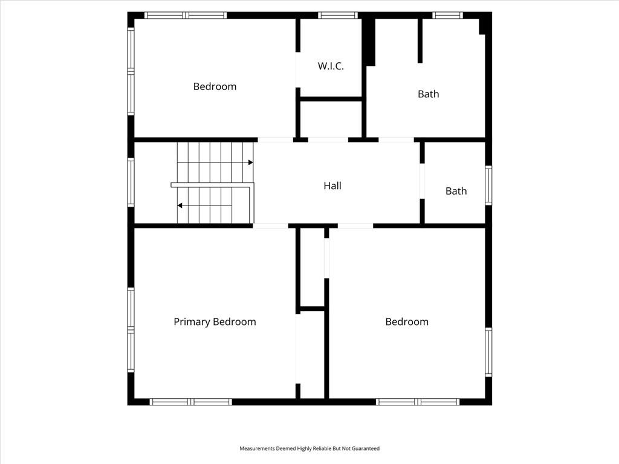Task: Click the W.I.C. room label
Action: pyautogui.click(x=331, y=66)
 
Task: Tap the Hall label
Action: pyautogui.click(x=332, y=186)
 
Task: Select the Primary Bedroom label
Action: pyautogui.click(x=215, y=322)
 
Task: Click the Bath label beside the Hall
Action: pyautogui.click(x=456, y=191)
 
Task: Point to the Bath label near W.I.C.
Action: pyautogui.click(x=429, y=94)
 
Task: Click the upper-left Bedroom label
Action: pyautogui.click(x=215, y=86)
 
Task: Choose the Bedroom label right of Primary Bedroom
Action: pyautogui.click(x=407, y=321)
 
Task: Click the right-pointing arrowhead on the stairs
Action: pyautogui.click(x=251, y=162)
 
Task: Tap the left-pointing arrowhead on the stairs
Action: pyautogui.click(x=180, y=205)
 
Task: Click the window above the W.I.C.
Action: pyautogui.click(x=338, y=15)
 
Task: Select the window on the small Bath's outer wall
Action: pyautogui.click(x=488, y=185)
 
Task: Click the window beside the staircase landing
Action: pyautogui.click(x=131, y=182)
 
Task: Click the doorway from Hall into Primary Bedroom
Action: pyautogui.click(x=270, y=226)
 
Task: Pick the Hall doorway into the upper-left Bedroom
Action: pyautogui.click(x=276, y=140)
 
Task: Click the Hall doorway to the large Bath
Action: pyautogui.click(x=397, y=140)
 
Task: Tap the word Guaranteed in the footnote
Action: pyautogui.click(x=366, y=449)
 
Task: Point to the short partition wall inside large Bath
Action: pyautogui.click(x=420, y=40)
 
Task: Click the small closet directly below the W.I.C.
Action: pyautogui.click(x=331, y=119)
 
